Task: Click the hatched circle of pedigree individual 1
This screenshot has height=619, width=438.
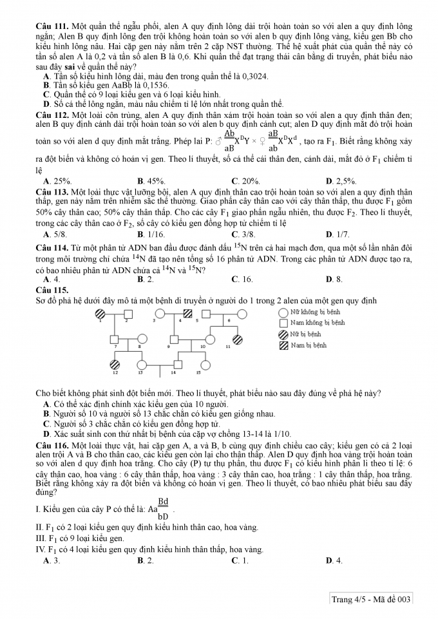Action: tap(100, 314)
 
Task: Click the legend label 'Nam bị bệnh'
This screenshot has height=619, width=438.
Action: tap(308, 345)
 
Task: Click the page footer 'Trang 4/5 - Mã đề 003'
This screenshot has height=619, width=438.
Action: tap(370, 600)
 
